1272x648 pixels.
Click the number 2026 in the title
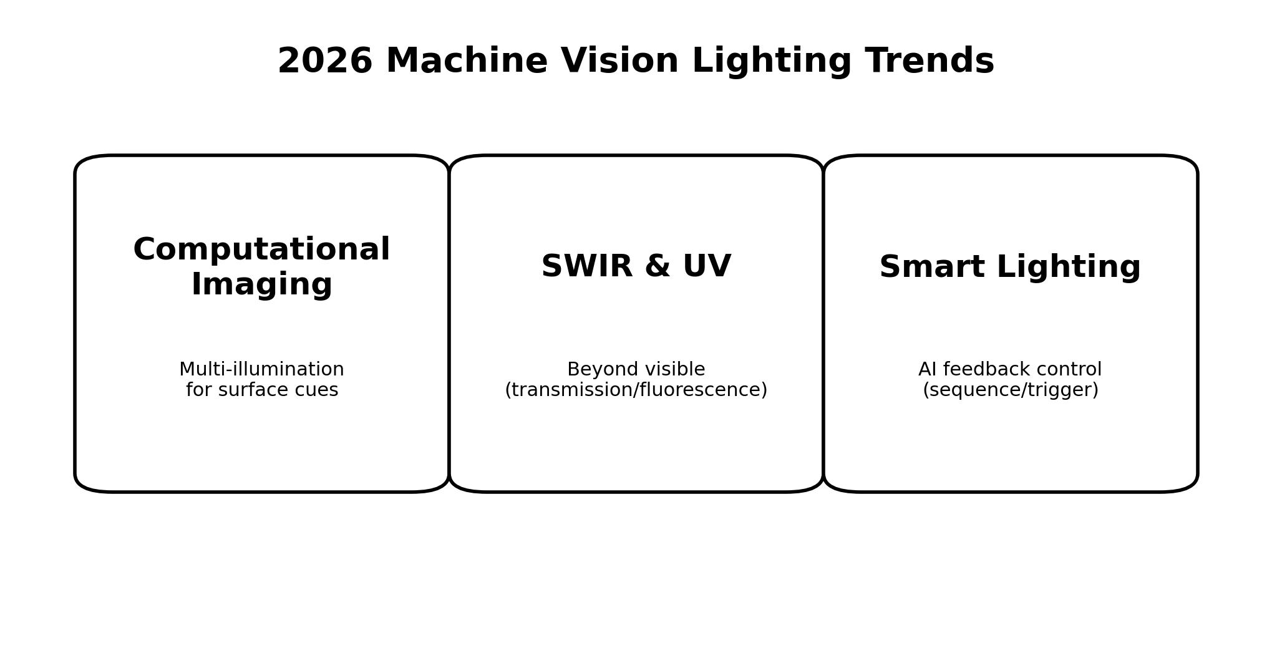pyautogui.click(x=324, y=62)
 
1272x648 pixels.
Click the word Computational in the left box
pyautogui.click(x=261, y=250)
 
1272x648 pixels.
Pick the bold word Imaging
pyautogui.click(x=261, y=285)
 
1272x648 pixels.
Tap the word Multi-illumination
pyautogui.click(x=261, y=369)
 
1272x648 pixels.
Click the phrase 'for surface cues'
pyautogui.click(x=262, y=390)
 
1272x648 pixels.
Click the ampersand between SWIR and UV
pyautogui.click(x=657, y=267)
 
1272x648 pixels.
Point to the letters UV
pyautogui.click(x=707, y=267)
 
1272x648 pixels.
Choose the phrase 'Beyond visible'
pyautogui.click(x=636, y=369)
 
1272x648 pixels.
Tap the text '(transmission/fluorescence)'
pyautogui.click(x=636, y=390)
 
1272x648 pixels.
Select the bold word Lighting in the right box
pyautogui.click(x=1069, y=268)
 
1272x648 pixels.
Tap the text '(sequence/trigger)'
pyautogui.click(x=1010, y=390)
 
